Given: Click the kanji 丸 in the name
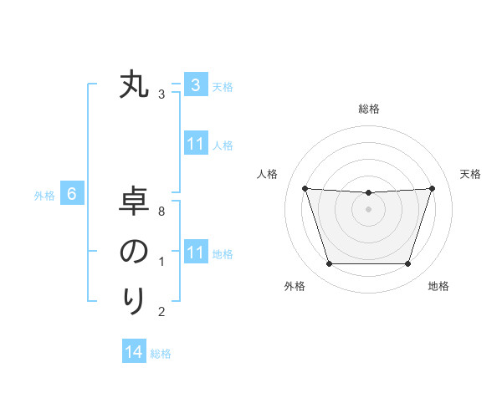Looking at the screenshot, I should coord(134,85).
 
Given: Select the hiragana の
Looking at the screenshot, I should coord(134,251).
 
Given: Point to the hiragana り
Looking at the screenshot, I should coord(134,299).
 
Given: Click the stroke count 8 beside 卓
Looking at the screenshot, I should coord(161,212).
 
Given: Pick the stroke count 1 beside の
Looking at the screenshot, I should coord(161,262).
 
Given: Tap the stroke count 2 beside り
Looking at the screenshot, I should coord(161,312).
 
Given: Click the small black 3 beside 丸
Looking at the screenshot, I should coord(161,94).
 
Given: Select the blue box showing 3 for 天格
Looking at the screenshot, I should coord(195,85).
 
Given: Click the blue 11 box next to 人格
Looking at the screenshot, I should coord(195,145).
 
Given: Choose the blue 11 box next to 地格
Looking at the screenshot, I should coord(195,253).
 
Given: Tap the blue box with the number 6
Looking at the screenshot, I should coord(72,195).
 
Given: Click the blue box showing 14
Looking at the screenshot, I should coord(133,352).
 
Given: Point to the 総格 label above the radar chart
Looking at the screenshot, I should coord(368,109).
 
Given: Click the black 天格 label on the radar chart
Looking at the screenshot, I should coord(470,174).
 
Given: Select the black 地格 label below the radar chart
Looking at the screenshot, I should coord(438,286).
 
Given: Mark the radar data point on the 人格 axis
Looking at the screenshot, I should coord(305,188).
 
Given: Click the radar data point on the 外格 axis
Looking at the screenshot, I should coord(329,264).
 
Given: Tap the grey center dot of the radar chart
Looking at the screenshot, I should coord(368,209).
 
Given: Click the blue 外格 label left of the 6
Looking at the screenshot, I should coord(44,196).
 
